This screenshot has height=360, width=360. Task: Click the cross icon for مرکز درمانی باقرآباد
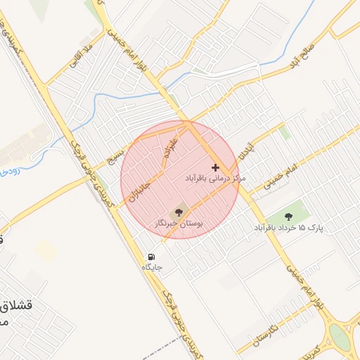(214, 167)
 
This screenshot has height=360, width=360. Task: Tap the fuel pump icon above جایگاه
(151, 257)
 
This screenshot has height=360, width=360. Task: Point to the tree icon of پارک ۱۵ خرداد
(289, 215)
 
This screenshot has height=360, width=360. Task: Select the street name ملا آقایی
(79, 63)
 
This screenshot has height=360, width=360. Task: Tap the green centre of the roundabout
(340, 337)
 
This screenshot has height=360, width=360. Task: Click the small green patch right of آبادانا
(284, 131)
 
